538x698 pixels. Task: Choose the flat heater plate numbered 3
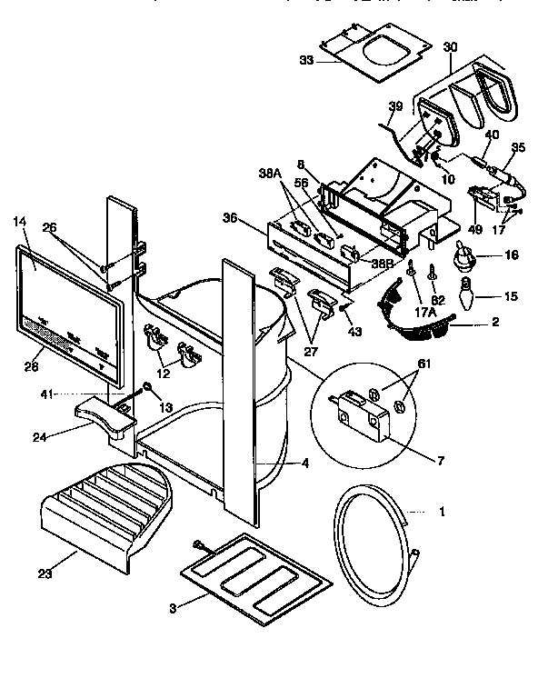pos(251,579)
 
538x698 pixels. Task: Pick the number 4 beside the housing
pos(304,463)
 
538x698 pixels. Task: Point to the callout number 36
pos(231,217)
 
